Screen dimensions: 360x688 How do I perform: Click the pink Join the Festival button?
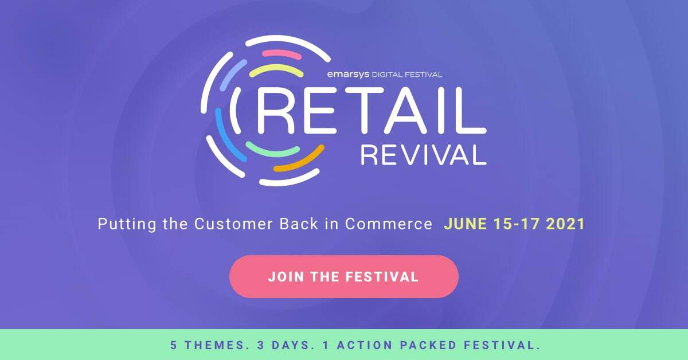coord(343,277)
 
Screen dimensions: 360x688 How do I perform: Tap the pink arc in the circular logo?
coord(282,54)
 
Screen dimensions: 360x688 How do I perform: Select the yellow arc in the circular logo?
coord(276,71)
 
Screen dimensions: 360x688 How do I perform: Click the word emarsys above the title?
coord(347,74)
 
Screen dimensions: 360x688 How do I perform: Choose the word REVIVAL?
coord(423,154)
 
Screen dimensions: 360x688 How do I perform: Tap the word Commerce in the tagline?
coord(388,224)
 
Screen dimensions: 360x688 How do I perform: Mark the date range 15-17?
coord(517,224)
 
